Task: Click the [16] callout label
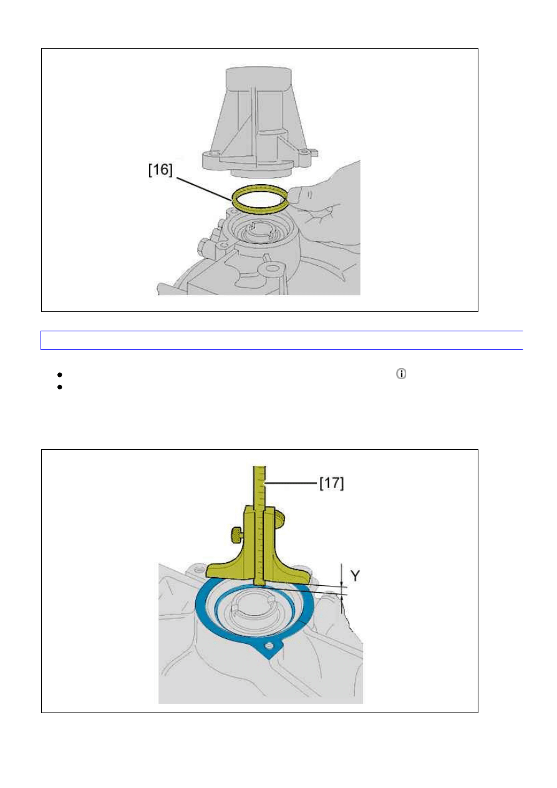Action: [161, 170]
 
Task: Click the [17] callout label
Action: [332, 483]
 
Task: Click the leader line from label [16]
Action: [205, 189]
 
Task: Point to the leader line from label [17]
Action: [291, 484]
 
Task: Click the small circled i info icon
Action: [401, 374]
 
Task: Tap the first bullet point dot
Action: [60, 374]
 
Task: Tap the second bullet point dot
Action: [60, 387]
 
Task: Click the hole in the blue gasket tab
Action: [269, 646]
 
